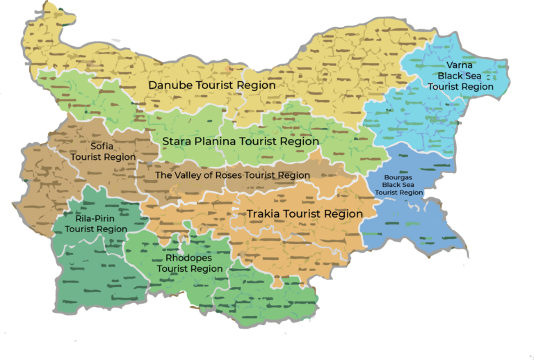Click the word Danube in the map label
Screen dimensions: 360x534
pos(172,85)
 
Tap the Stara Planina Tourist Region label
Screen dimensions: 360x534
pos(241,141)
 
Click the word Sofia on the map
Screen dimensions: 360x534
pos(104,147)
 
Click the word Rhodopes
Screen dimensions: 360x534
pos(189,258)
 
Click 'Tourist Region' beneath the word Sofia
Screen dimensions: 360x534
pos(104,157)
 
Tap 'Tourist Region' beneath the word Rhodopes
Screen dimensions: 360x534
pos(189,268)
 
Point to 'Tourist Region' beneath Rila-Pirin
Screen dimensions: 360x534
pos(95,229)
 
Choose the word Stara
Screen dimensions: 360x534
pos(176,141)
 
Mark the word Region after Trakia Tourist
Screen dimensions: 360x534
pos(343,214)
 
